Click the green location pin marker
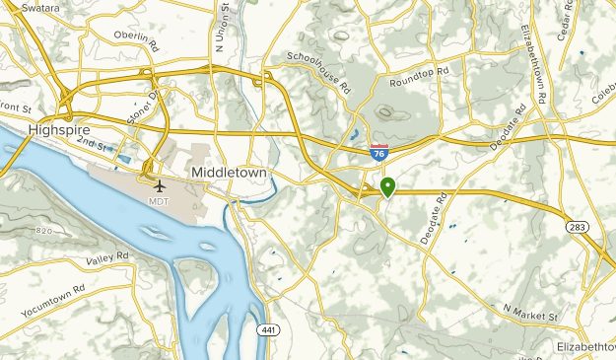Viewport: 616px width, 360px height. (387, 185)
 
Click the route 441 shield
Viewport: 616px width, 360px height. (267, 328)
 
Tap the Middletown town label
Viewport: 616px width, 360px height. (229, 171)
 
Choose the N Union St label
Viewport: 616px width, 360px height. (223, 27)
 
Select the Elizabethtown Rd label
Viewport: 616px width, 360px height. (538, 65)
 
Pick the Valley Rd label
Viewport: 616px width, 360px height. (107, 258)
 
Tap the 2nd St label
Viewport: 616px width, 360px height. (93, 145)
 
